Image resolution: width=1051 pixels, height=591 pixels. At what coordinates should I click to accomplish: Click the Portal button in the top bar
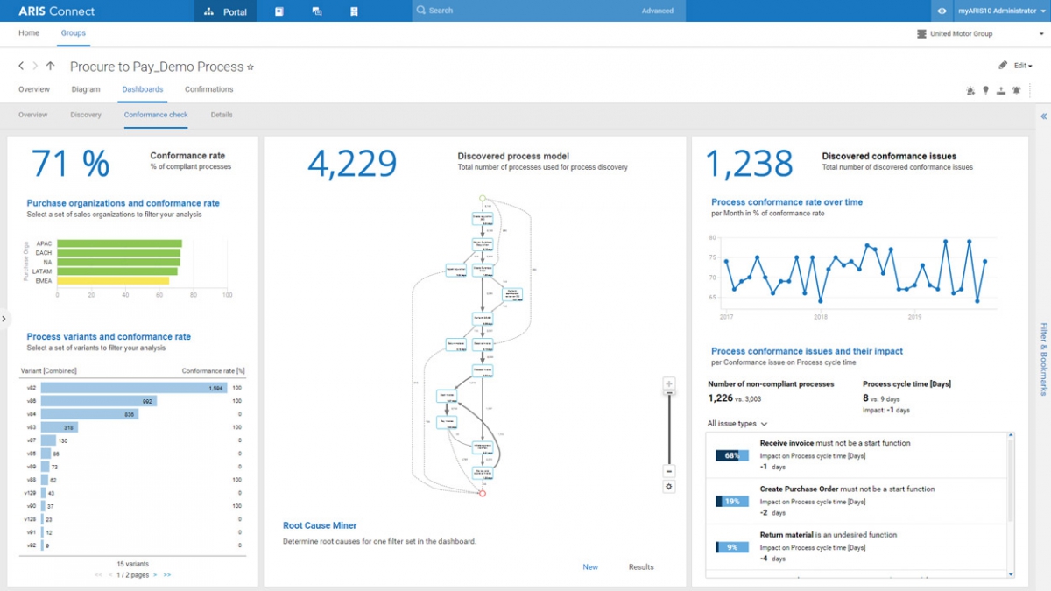[225, 11]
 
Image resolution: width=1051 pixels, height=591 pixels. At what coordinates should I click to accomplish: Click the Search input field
[525, 11]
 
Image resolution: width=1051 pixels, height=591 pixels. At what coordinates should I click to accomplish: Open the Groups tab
[73, 33]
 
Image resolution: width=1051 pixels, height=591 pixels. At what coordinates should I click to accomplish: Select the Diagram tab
[86, 89]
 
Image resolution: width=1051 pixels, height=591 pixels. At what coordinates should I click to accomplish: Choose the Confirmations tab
[208, 89]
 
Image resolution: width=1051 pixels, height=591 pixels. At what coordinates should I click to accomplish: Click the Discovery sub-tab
[86, 115]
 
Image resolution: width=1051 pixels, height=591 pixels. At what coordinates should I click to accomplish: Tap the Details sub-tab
[222, 115]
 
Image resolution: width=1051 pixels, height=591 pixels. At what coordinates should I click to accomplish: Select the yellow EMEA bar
[113, 281]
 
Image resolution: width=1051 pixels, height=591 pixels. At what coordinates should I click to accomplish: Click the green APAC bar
[119, 244]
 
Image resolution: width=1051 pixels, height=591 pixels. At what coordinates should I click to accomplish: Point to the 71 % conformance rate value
[70, 164]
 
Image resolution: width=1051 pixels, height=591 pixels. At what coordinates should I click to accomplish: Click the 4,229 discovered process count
[352, 164]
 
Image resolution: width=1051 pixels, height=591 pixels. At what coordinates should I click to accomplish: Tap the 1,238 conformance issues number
[750, 164]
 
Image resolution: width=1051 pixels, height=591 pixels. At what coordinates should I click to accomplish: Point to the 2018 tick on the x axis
[821, 317]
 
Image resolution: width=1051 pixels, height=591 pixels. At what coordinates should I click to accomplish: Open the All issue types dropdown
[737, 424]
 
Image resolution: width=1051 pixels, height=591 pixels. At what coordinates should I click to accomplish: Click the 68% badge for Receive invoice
[732, 455]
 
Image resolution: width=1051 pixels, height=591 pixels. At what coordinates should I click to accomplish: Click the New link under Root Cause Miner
[590, 567]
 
